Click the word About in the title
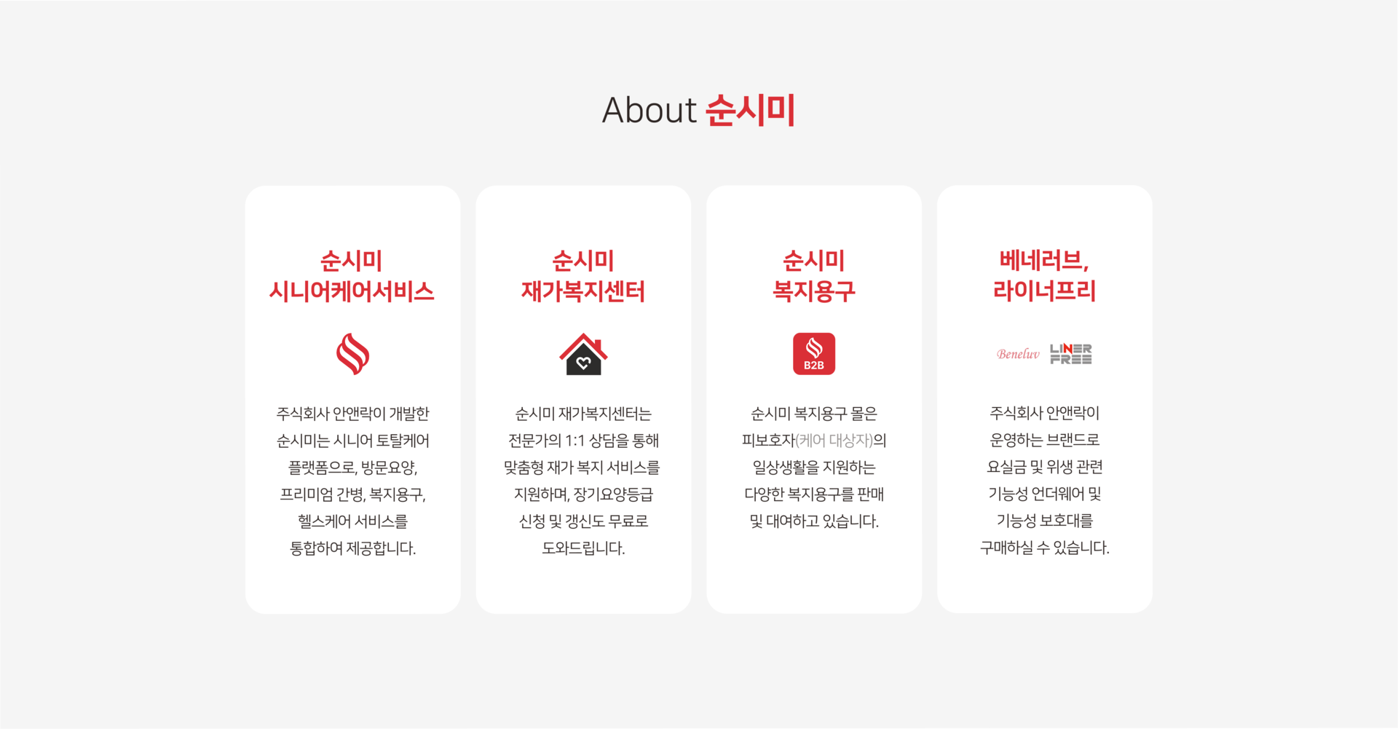coord(649,111)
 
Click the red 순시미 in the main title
coord(750,111)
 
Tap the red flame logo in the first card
coord(352,354)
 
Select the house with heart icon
coord(583,355)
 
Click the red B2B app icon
coord(813,354)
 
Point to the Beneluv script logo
coord(1018,354)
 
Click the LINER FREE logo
coord(1070,354)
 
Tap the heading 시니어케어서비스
coord(352,292)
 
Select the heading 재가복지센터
coord(583,292)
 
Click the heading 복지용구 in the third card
coord(813,292)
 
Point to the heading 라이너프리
coord(1044,291)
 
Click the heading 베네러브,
coord(1044,260)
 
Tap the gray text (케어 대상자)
coord(834,441)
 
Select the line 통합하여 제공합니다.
coord(352,548)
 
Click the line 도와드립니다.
coord(583,548)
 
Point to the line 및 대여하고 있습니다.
coord(814,521)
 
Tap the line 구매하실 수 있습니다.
coord(1044,548)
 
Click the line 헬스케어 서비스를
coord(352,521)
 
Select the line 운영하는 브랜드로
coord(1044,440)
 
